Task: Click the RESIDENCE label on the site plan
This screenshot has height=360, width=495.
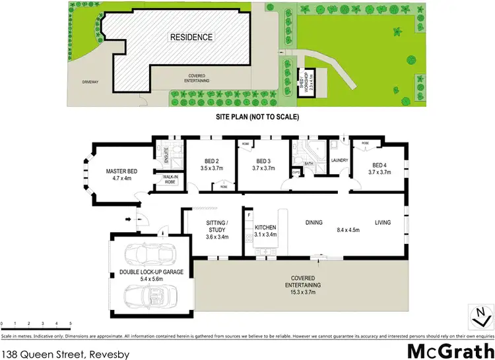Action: tap(191, 37)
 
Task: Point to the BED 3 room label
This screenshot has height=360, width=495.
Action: tap(263, 162)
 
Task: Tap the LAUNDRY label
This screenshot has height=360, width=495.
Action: tap(339, 160)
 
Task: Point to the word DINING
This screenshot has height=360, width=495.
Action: tap(313, 222)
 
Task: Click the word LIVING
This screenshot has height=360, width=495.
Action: tap(383, 222)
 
